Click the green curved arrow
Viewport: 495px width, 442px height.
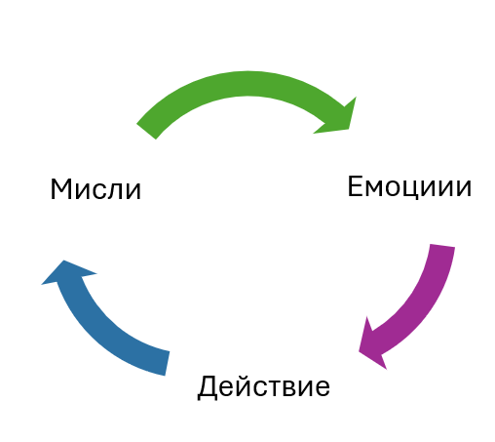(x=247, y=84)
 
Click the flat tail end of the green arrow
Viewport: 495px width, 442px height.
(x=146, y=132)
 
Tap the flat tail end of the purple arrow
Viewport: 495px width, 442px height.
(x=442, y=246)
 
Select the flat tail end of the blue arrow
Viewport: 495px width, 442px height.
(x=168, y=364)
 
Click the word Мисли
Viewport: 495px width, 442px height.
(x=95, y=189)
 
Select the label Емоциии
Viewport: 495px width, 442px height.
(x=409, y=186)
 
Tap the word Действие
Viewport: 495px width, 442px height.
(x=264, y=386)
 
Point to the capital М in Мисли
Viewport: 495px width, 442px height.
(x=61, y=189)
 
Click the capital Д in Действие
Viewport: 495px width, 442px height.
(x=208, y=387)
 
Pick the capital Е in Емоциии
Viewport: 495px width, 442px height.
(x=355, y=186)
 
